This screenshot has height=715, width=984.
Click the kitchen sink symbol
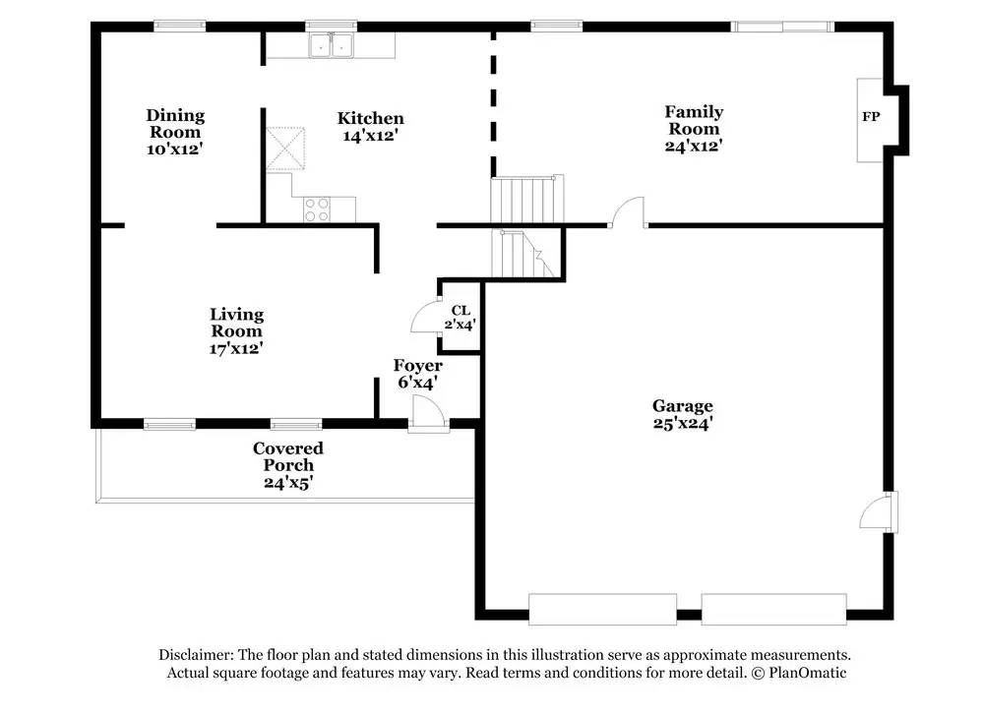pyautogui.click(x=331, y=45)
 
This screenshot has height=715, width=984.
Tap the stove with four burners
pyautogui.click(x=317, y=209)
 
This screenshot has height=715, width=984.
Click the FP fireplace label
pyautogui.click(x=871, y=117)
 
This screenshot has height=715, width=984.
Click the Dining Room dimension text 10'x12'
pyautogui.click(x=175, y=149)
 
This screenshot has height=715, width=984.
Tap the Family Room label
pyautogui.click(x=694, y=120)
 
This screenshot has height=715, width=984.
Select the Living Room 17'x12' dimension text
pyautogui.click(x=236, y=347)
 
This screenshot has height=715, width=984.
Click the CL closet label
pyautogui.click(x=461, y=310)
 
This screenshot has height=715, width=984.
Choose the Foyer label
pyautogui.click(x=418, y=366)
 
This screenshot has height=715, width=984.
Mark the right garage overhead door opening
pyautogui.click(x=773, y=608)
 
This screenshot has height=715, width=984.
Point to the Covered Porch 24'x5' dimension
pyautogui.click(x=288, y=483)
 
